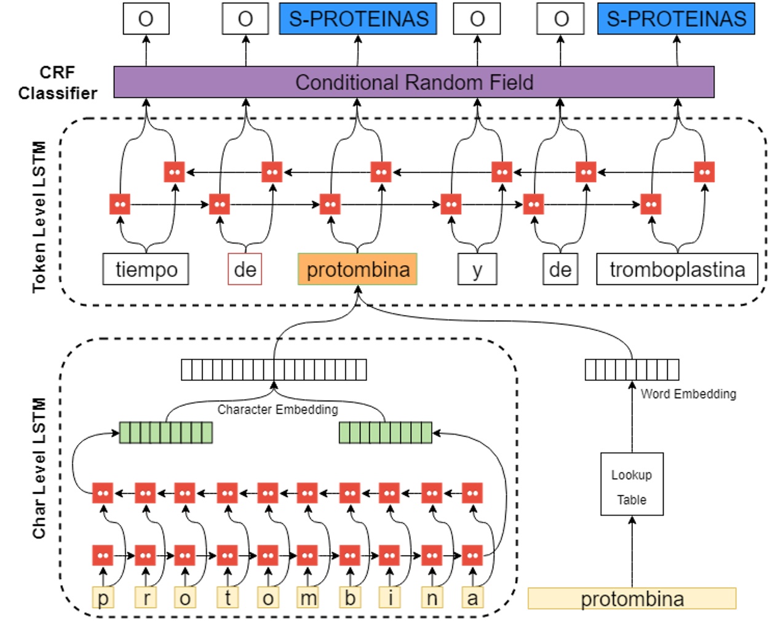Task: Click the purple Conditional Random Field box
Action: (x=413, y=82)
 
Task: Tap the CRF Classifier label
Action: (x=57, y=82)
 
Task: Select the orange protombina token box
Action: (x=357, y=269)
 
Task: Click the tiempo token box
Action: (x=146, y=269)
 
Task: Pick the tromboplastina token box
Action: (x=677, y=269)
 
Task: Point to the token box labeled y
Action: (x=477, y=269)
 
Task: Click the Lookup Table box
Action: (x=632, y=484)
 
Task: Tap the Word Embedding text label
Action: (x=688, y=394)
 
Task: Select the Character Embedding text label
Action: (x=277, y=409)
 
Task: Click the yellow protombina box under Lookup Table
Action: (x=632, y=598)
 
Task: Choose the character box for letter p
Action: (x=103, y=598)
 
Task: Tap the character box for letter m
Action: (x=308, y=598)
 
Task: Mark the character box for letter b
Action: (x=349, y=598)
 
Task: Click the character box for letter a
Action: (x=472, y=598)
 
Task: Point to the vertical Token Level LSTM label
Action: (x=39, y=217)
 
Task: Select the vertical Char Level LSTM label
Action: (x=39, y=468)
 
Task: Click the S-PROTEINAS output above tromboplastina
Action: (x=676, y=18)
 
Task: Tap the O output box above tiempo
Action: (x=146, y=18)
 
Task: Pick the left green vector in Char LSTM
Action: (x=165, y=433)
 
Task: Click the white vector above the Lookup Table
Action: (x=632, y=369)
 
